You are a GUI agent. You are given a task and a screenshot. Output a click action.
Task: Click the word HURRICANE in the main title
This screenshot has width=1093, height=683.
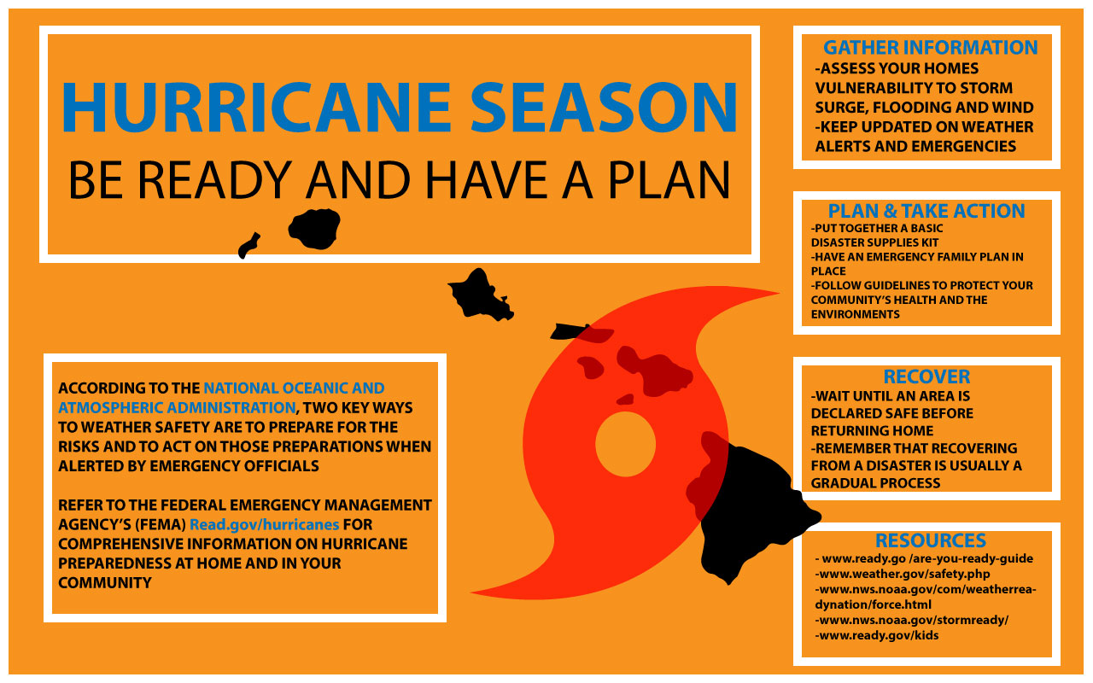pyautogui.click(x=256, y=108)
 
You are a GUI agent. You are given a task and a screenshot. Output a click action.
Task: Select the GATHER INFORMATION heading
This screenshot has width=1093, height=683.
pyautogui.click(x=930, y=48)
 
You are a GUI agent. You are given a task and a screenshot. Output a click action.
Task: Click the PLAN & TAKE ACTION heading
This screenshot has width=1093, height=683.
pyautogui.click(x=926, y=211)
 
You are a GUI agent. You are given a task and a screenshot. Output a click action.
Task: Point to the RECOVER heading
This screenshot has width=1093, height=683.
pyautogui.click(x=926, y=377)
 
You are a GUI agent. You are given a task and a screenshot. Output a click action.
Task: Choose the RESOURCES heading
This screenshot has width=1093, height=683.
pyautogui.click(x=930, y=540)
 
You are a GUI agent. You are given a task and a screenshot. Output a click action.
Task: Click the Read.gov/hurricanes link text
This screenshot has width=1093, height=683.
pyautogui.click(x=264, y=524)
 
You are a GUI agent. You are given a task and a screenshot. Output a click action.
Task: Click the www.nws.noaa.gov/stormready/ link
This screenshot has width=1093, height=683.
pyautogui.click(x=912, y=621)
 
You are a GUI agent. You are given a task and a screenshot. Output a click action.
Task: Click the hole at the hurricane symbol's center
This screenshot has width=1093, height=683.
pyautogui.click(x=625, y=444)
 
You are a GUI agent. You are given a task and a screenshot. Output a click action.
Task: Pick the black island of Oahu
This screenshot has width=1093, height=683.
pyautogui.click(x=478, y=295)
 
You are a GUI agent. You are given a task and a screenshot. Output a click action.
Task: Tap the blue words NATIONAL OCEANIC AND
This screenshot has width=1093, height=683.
pyautogui.click(x=294, y=388)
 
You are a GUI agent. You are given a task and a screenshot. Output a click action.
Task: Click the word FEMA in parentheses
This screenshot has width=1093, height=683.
pyautogui.click(x=162, y=524)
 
